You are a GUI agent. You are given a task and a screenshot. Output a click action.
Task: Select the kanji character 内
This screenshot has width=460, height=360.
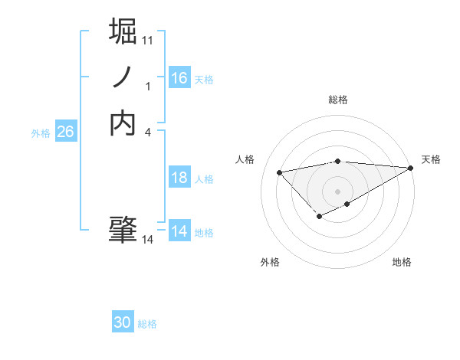coord(123,123)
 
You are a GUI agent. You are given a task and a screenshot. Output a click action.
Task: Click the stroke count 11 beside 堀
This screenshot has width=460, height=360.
coord(148,39)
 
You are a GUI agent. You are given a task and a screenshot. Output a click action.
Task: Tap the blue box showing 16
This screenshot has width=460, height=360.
coord(179,78)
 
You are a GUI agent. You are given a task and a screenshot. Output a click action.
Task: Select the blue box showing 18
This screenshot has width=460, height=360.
coord(179,178)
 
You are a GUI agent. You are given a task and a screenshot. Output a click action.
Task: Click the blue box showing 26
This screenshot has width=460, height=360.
coord(65,132)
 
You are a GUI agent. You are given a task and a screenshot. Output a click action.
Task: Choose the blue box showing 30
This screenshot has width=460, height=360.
coord(123,323)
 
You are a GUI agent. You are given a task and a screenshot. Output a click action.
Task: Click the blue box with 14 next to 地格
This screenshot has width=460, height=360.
coord(179,231)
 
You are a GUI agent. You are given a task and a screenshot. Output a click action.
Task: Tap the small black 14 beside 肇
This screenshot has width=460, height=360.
coord(148,240)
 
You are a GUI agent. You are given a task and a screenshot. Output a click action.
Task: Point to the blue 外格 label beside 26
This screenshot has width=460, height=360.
coord(41,133)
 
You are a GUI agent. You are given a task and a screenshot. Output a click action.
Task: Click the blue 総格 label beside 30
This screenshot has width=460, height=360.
coord(147,324)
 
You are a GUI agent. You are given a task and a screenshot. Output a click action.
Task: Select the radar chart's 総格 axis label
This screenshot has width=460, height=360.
coord(338,100)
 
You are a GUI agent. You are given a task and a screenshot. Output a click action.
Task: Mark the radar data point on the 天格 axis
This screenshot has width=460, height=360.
coord(411,168)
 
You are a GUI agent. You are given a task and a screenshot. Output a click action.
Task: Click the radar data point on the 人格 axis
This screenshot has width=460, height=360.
coord(280,172)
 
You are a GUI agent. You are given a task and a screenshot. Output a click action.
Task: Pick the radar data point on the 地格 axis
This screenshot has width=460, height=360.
coord(347,204)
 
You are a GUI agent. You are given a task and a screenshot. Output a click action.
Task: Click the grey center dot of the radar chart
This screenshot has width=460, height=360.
coord(338,191)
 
